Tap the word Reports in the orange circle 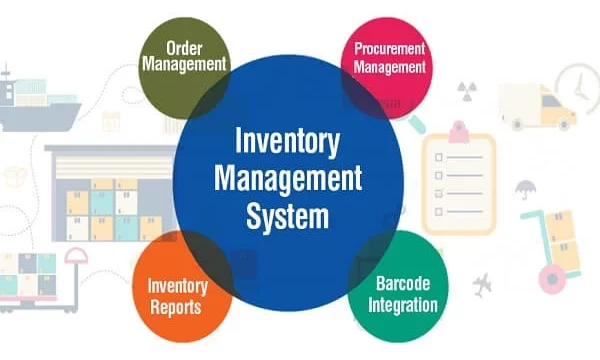click(177, 304)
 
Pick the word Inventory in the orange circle click(177, 285)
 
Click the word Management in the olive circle click(184, 65)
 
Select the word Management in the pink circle click(389, 67)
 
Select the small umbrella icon click(524, 187)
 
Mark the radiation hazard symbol click(466, 87)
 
